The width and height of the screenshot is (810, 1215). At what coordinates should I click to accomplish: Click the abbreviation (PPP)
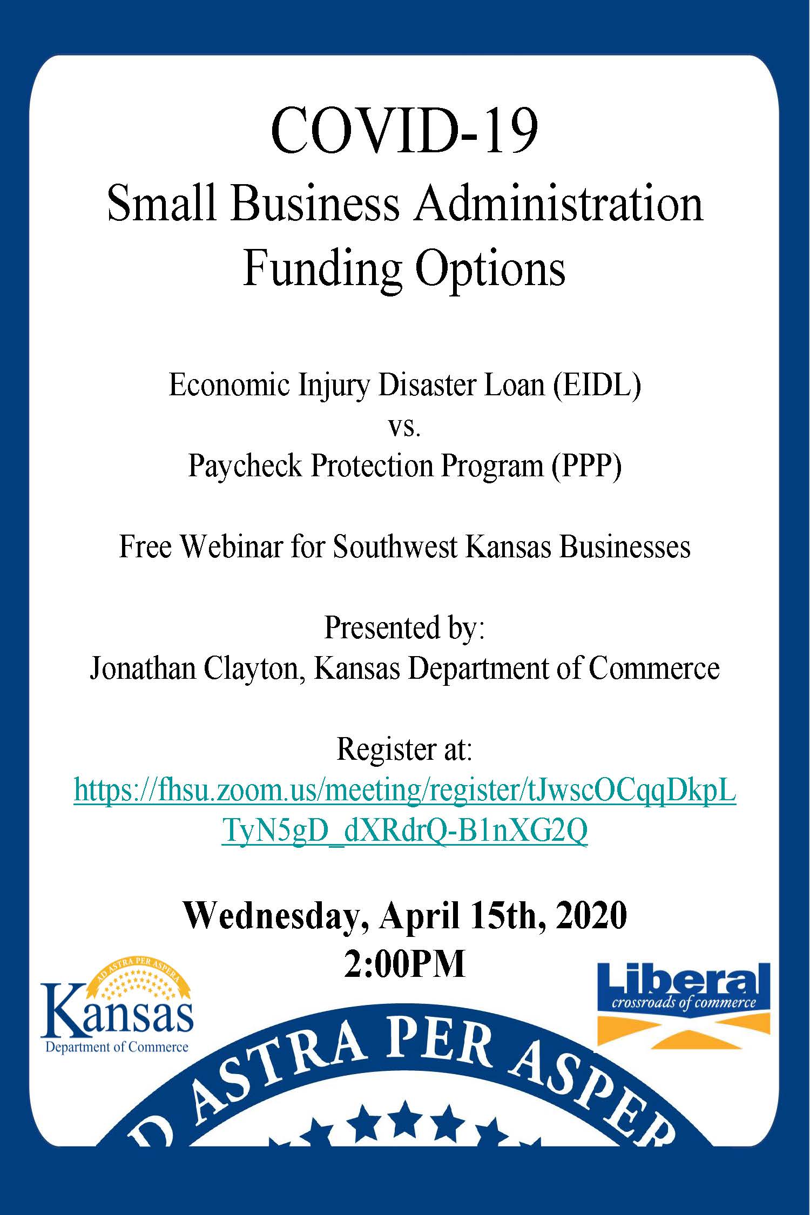[586, 465]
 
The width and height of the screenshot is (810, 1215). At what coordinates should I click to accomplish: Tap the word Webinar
[231, 546]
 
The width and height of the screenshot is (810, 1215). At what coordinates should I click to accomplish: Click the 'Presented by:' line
[404, 628]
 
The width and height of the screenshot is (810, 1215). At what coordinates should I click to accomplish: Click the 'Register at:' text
[404, 750]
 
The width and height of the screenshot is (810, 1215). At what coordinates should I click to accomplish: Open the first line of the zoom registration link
[404, 791]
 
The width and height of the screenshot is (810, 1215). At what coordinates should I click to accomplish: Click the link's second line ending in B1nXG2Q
[404, 832]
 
